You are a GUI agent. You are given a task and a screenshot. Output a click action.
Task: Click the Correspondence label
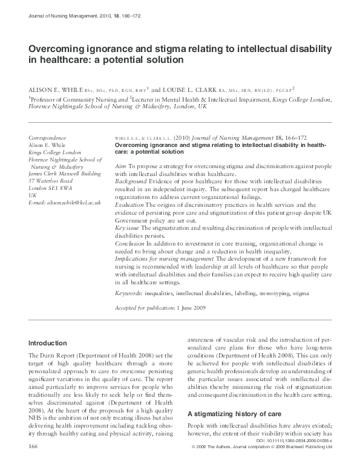47,138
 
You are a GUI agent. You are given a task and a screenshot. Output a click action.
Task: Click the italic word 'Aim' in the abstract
120,166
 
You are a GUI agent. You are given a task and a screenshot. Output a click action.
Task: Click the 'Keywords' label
129,293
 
